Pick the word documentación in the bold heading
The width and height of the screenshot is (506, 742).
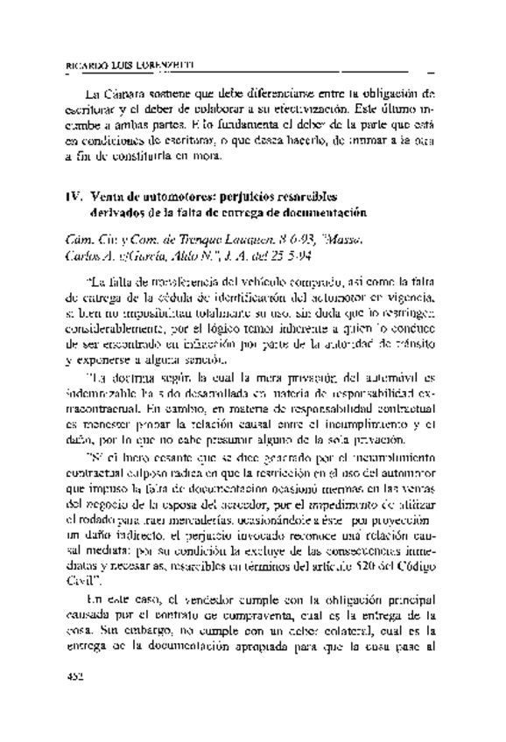[321, 213]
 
